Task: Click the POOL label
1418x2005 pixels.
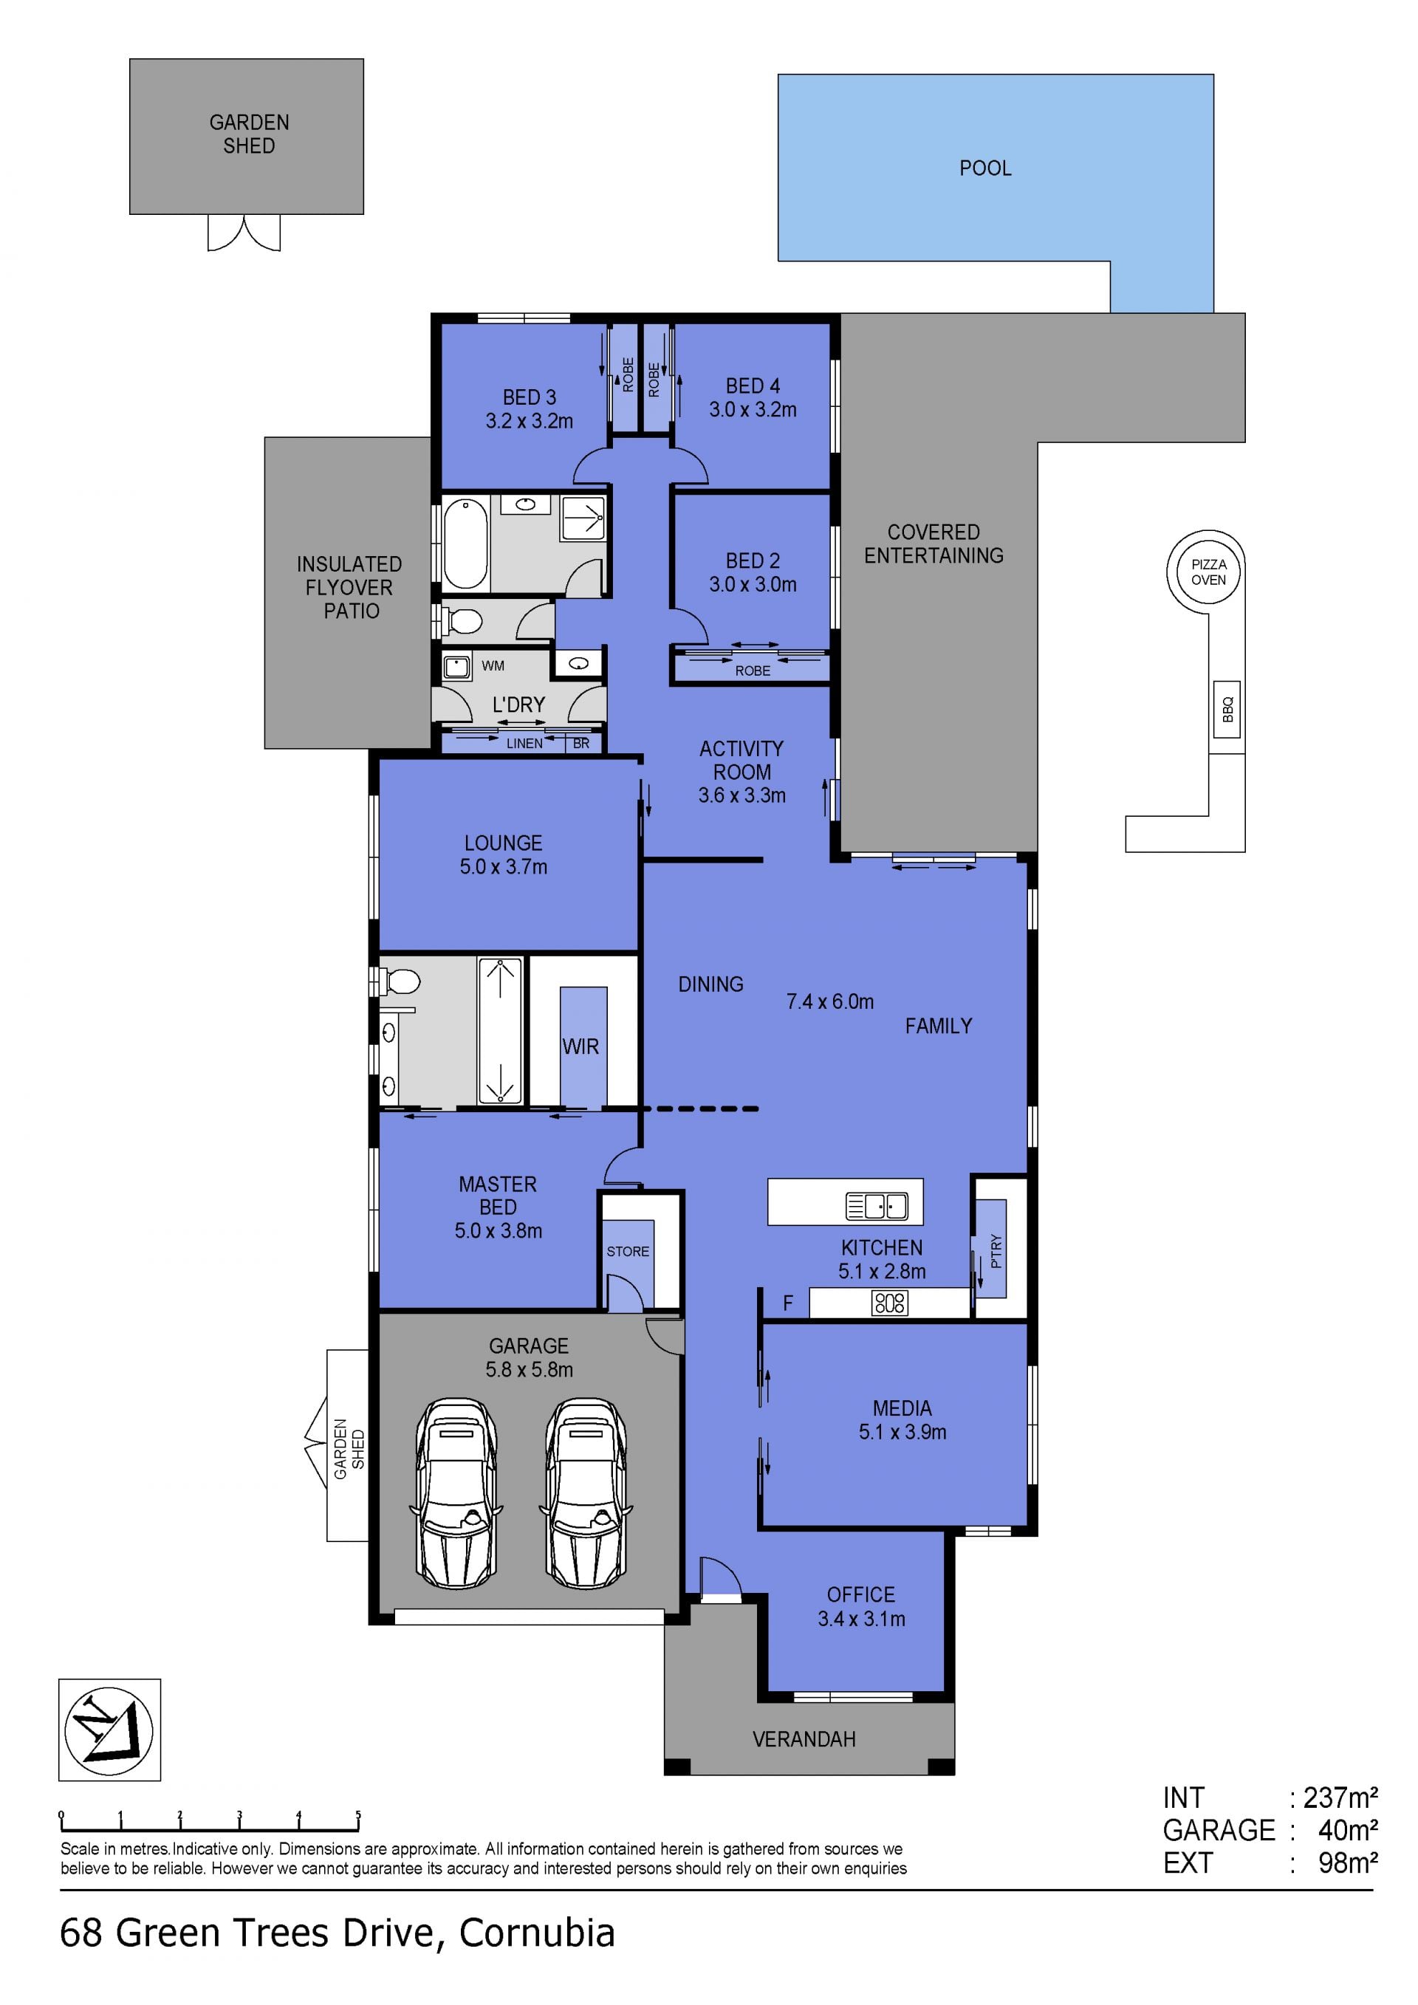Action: (985, 168)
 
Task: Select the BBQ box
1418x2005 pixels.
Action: (1227, 708)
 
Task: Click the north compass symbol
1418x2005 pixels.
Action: (109, 1730)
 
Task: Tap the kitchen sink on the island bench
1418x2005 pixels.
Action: (877, 1206)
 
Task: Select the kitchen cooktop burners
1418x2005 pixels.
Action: (890, 1303)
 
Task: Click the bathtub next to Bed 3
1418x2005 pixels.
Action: (465, 544)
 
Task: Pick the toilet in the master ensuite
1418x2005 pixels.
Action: (399, 981)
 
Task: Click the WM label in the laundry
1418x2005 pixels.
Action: (493, 665)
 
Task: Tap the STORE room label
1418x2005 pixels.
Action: (628, 1252)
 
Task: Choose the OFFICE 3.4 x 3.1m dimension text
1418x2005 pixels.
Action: (861, 1618)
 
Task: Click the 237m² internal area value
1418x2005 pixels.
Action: (1340, 1797)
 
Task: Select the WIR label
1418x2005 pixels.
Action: (580, 1046)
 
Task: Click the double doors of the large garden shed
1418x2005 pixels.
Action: (244, 233)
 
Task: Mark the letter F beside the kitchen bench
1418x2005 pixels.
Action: (787, 1303)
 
